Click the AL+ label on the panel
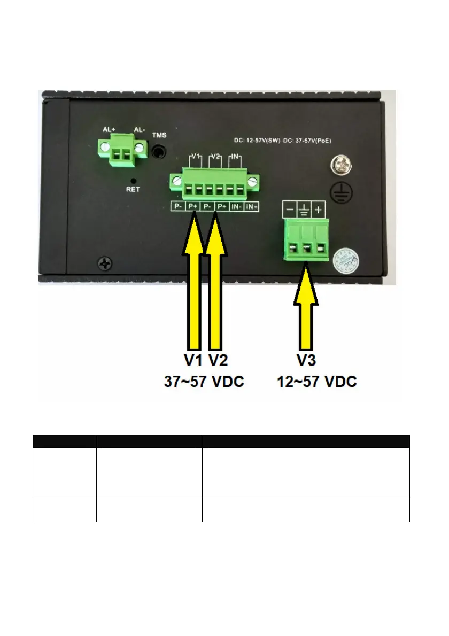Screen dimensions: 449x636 pos(109,129)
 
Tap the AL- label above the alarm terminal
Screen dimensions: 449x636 pos(138,129)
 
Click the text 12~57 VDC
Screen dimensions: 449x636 pos(316,382)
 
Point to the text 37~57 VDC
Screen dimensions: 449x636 pos(203,382)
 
